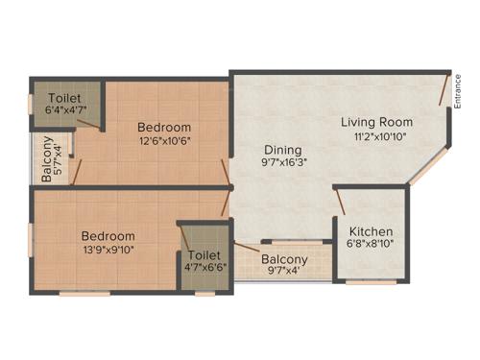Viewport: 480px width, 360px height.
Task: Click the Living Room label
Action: tap(377, 122)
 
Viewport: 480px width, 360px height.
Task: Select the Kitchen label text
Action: tap(371, 231)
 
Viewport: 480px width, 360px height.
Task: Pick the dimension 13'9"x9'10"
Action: tap(108, 251)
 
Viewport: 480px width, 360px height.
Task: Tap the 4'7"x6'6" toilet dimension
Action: tap(204, 270)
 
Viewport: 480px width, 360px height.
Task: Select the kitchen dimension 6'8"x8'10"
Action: tap(371, 245)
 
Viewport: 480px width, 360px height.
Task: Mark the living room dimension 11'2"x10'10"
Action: tap(377, 136)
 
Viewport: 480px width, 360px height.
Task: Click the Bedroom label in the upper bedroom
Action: tap(163, 128)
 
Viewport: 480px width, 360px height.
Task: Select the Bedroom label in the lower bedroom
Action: tap(108, 236)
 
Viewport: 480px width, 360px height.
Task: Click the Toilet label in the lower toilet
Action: tap(204, 255)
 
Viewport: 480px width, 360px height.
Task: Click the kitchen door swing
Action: tap(339, 202)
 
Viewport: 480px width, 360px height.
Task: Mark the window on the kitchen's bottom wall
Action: tap(371, 282)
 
